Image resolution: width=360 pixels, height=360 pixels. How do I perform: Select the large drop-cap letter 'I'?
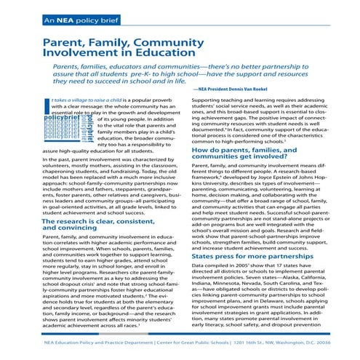[47, 105]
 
